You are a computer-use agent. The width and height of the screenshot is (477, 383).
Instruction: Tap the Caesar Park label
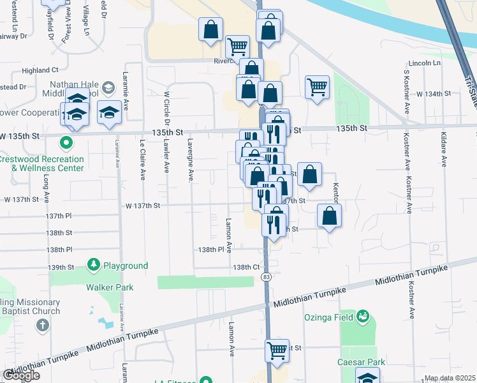pyautogui.click(x=361, y=362)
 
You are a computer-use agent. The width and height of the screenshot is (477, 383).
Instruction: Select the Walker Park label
pyautogui.click(x=110, y=287)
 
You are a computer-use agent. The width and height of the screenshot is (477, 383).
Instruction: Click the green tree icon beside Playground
pyautogui.click(x=94, y=264)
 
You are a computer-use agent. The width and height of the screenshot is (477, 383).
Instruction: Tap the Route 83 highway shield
pyautogui.click(x=265, y=276)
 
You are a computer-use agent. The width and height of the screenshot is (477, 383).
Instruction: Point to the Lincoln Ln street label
pyautogui.click(x=424, y=64)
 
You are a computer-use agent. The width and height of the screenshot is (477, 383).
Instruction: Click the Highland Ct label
pyautogui.click(x=40, y=70)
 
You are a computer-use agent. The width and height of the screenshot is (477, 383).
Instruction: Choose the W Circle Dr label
pyautogui.click(x=166, y=108)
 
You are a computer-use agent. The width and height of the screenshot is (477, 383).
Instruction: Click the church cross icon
pyautogui.click(x=42, y=325)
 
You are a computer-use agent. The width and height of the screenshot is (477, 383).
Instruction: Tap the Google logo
pyautogui.click(x=21, y=375)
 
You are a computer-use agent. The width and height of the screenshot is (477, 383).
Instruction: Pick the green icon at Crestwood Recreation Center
pyautogui.click(x=65, y=142)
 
